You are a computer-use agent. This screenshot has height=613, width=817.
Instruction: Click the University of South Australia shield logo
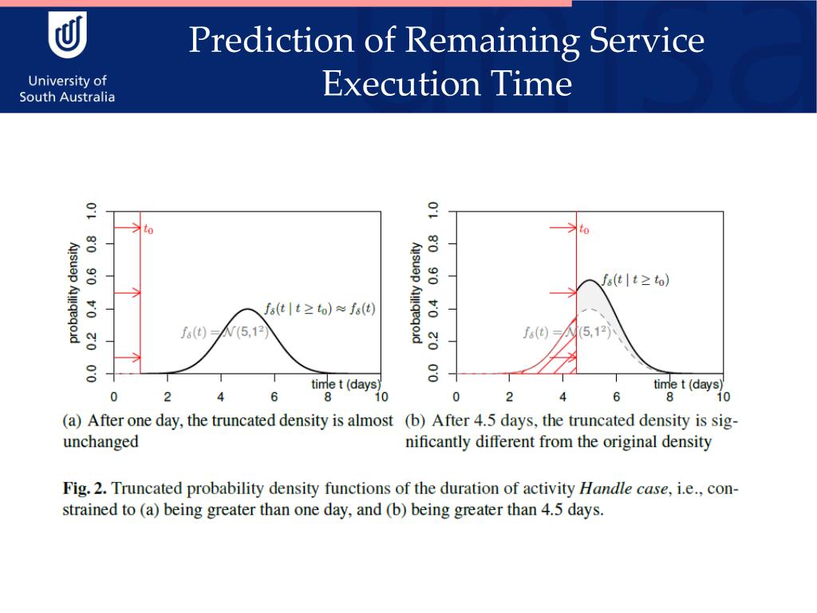coord(68,37)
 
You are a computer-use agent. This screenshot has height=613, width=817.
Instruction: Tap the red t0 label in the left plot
coord(148,230)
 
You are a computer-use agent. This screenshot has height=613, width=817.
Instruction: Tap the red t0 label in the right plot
coord(584,230)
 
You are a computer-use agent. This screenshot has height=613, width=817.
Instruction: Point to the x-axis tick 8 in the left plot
coord(327,397)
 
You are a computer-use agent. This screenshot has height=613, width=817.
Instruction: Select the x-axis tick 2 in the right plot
coord(509,397)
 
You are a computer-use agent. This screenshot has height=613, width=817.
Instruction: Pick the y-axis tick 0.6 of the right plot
coord(434,276)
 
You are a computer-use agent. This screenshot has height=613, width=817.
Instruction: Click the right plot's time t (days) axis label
coord(687,384)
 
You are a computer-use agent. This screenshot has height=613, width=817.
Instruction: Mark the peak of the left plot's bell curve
coord(248,309)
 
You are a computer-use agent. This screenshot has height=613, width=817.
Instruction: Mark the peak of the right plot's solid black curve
coord(588,280)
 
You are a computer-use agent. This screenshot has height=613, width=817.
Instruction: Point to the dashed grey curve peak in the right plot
coord(590,309)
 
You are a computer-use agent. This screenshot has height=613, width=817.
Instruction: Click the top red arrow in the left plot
coord(127,228)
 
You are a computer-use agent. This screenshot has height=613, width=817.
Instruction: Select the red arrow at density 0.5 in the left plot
coord(127,293)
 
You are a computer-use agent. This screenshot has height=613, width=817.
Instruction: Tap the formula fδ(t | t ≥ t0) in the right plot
coord(635,279)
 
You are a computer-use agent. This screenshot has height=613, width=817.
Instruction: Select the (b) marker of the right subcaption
coord(414,421)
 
